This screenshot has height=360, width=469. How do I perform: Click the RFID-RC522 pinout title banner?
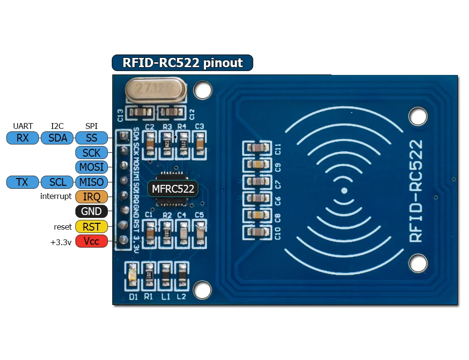tap(182, 63)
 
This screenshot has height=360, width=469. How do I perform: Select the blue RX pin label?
tap(22, 138)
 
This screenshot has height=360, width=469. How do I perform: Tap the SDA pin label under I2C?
tap(58, 138)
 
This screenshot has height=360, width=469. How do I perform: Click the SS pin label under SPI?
tap(91, 138)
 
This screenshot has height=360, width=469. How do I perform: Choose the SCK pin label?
tap(91, 153)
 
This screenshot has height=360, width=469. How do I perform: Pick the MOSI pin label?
tap(91, 167)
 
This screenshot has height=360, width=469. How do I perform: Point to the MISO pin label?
tap(91, 182)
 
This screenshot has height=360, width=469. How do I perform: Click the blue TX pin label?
tap(22, 182)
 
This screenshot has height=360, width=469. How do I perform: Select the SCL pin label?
tap(58, 182)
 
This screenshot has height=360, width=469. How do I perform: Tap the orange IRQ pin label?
tap(91, 197)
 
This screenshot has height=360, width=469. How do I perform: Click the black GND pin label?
tap(91, 212)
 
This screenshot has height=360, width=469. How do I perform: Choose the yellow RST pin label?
tap(91, 226)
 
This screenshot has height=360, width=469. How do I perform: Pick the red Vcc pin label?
tap(91, 241)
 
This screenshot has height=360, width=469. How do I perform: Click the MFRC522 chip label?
tap(173, 189)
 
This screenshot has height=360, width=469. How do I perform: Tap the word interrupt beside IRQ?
tap(56, 197)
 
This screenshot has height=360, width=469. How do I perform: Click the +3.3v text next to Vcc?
tap(61, 242)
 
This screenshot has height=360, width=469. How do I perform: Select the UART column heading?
tap(23, 126)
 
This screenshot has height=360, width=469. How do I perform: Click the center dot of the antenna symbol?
tap(344, 191)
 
